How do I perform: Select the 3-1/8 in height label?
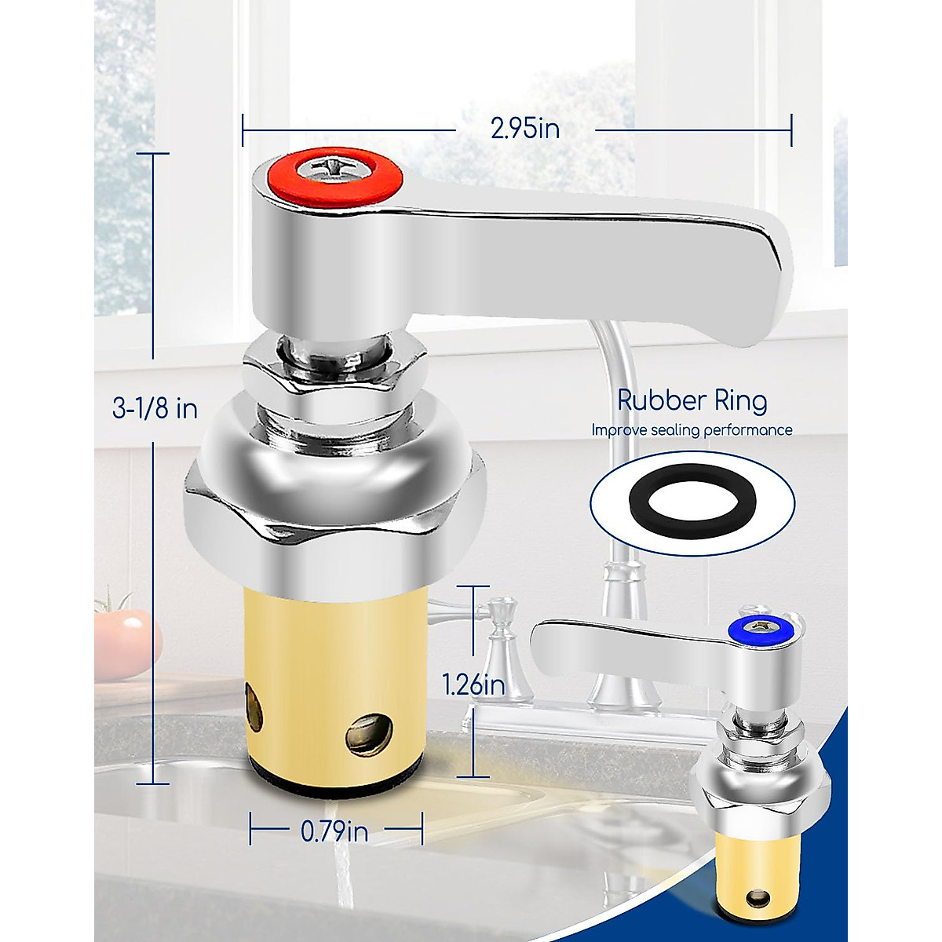click(x=155, y=408)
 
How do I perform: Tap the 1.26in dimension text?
click(x=473, y=685)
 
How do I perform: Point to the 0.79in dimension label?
click(x=334, y=831)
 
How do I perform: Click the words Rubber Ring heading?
click(x=692, y=400)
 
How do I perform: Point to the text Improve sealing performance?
click(x=692, y=430)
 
